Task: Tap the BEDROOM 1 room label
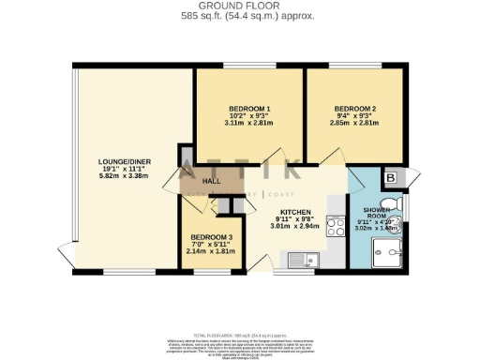(x=248, y=106)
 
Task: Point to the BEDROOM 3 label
(x=210, y=237)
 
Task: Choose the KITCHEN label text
(x=295, y=211)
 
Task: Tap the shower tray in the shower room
(x=387, y=251)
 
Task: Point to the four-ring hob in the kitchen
(x=335, y=223)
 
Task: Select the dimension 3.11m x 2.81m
(x=248, y=122)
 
